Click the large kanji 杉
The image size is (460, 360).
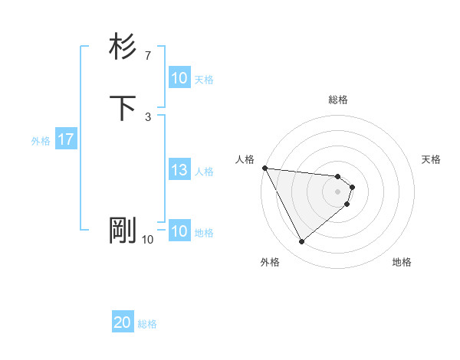click(x=123, y=47)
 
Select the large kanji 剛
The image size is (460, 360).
click(x=123, y=230)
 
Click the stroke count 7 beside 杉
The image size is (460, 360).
click(x=147, y=55)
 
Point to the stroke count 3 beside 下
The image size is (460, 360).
click(x=147, y=116)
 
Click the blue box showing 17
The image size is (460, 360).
click(x=66, y=140)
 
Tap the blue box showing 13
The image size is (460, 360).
click(x=179, y=171)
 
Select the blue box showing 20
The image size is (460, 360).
click(x=123, y=323)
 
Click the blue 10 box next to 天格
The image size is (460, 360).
click(x=179, y=79)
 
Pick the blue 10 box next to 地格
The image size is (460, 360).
click(x=179, y=232)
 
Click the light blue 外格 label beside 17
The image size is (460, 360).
click(x=41, y=141)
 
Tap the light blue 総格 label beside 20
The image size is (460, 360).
click(x=147, y=324)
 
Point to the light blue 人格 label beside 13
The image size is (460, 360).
click(x=205, y=172)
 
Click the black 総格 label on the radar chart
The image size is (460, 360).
click(x=338, y=100)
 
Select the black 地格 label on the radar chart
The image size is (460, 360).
click(x=402, y=263)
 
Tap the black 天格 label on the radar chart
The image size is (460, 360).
click(x=432, y=159)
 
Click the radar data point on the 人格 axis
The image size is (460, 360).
click(x=264, y=168)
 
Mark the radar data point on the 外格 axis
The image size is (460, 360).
click(x=301, y=242)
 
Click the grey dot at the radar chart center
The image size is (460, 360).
click(x=338, y=191)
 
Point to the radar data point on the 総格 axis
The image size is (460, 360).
click(x=338, y=175)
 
